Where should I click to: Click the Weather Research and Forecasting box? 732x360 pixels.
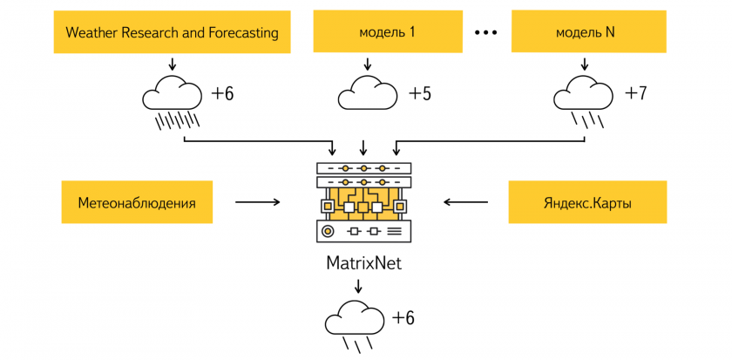point(173,32)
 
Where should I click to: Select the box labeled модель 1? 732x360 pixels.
point(388,32)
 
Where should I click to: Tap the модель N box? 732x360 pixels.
point(589,32)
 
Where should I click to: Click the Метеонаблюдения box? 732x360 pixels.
point(137,202)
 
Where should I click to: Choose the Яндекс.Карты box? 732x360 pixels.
point(587,202)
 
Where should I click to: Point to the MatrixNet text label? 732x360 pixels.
point(363,262)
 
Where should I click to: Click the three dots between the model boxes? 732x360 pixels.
point(486,32)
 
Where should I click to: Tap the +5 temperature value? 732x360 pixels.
point(420,94)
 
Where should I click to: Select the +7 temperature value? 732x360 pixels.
point(635,93)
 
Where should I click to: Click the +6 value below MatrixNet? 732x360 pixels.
point(403,318)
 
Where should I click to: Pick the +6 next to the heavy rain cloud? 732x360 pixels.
point(222,94)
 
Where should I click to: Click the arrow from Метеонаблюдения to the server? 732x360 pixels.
point(258,202)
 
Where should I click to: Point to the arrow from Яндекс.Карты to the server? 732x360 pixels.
point(465,202)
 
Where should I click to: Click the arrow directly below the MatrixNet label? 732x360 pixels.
point(358,285)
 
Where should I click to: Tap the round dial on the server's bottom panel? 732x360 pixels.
point(329,230)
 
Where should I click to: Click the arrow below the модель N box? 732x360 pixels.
point(584,64)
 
